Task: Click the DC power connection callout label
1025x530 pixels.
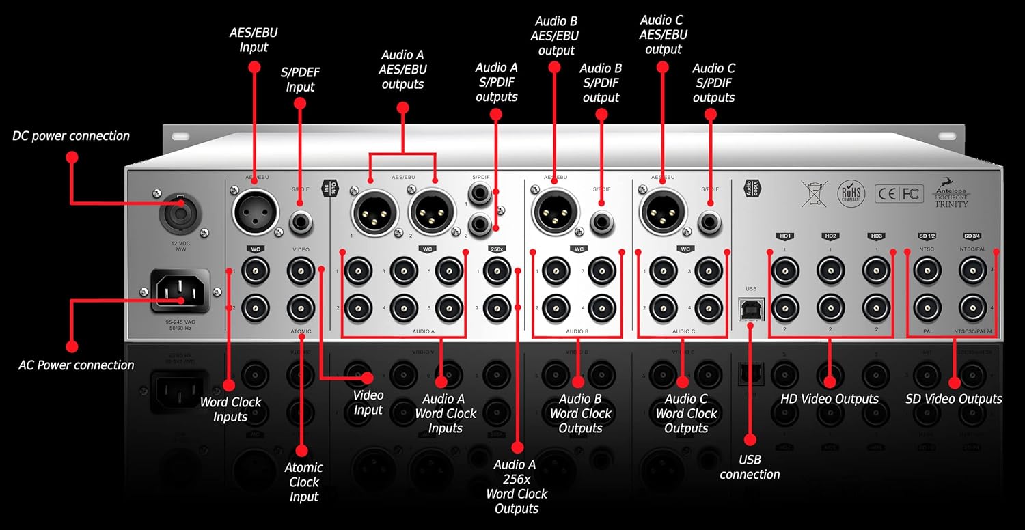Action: pos(71,136)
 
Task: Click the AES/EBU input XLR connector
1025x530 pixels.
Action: pos(256,211)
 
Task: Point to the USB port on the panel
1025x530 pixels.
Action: pos(751,309)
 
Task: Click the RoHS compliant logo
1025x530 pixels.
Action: pos(851,194)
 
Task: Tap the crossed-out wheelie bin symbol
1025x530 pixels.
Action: pos(815,194)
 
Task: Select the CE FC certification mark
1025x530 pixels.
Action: pos(899,193)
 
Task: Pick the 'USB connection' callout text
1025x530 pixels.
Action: pos(750,467)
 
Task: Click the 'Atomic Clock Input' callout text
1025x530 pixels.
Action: pos(303,482)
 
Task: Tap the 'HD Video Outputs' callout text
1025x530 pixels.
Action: pos(830,399)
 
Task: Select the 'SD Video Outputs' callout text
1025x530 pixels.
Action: pos(954,399)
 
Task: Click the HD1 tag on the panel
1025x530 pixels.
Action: pos(784,236)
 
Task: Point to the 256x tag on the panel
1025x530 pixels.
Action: pos(497,249)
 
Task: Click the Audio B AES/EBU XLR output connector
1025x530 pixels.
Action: pos(556,211)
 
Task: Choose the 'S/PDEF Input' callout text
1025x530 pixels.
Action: pos(300,79)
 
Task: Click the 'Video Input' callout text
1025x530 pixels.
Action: pos(368,402)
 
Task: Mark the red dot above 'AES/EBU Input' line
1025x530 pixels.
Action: pos(254,67)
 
